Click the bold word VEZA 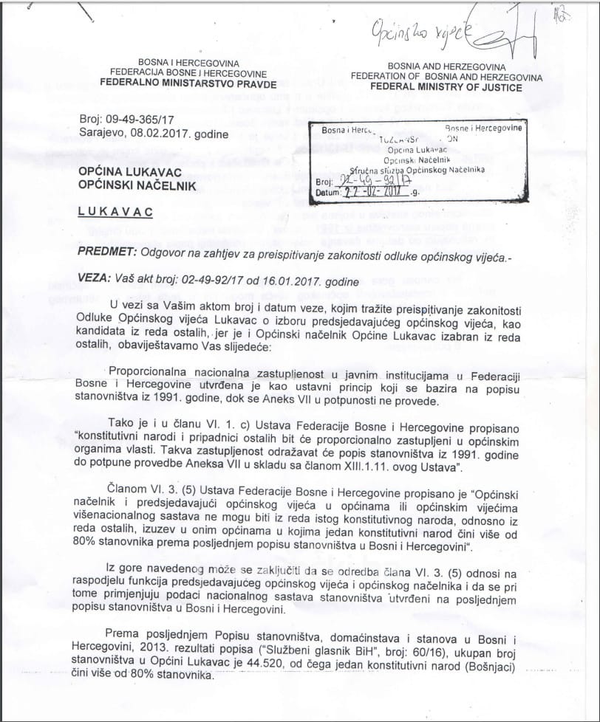click(x=94, y=281)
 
